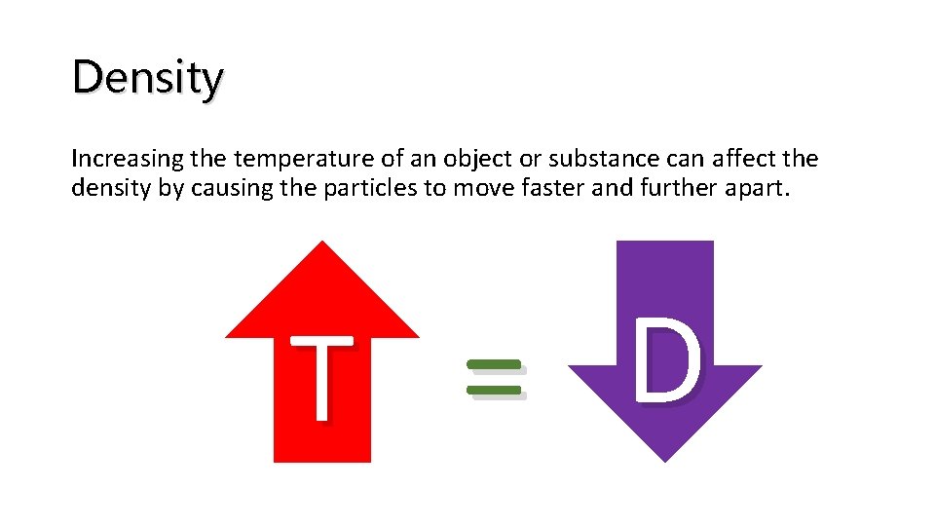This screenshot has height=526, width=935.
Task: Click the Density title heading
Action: [148, 78]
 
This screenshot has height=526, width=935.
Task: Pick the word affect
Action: [714, 159]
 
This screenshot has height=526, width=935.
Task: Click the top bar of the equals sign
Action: [494, 364]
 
